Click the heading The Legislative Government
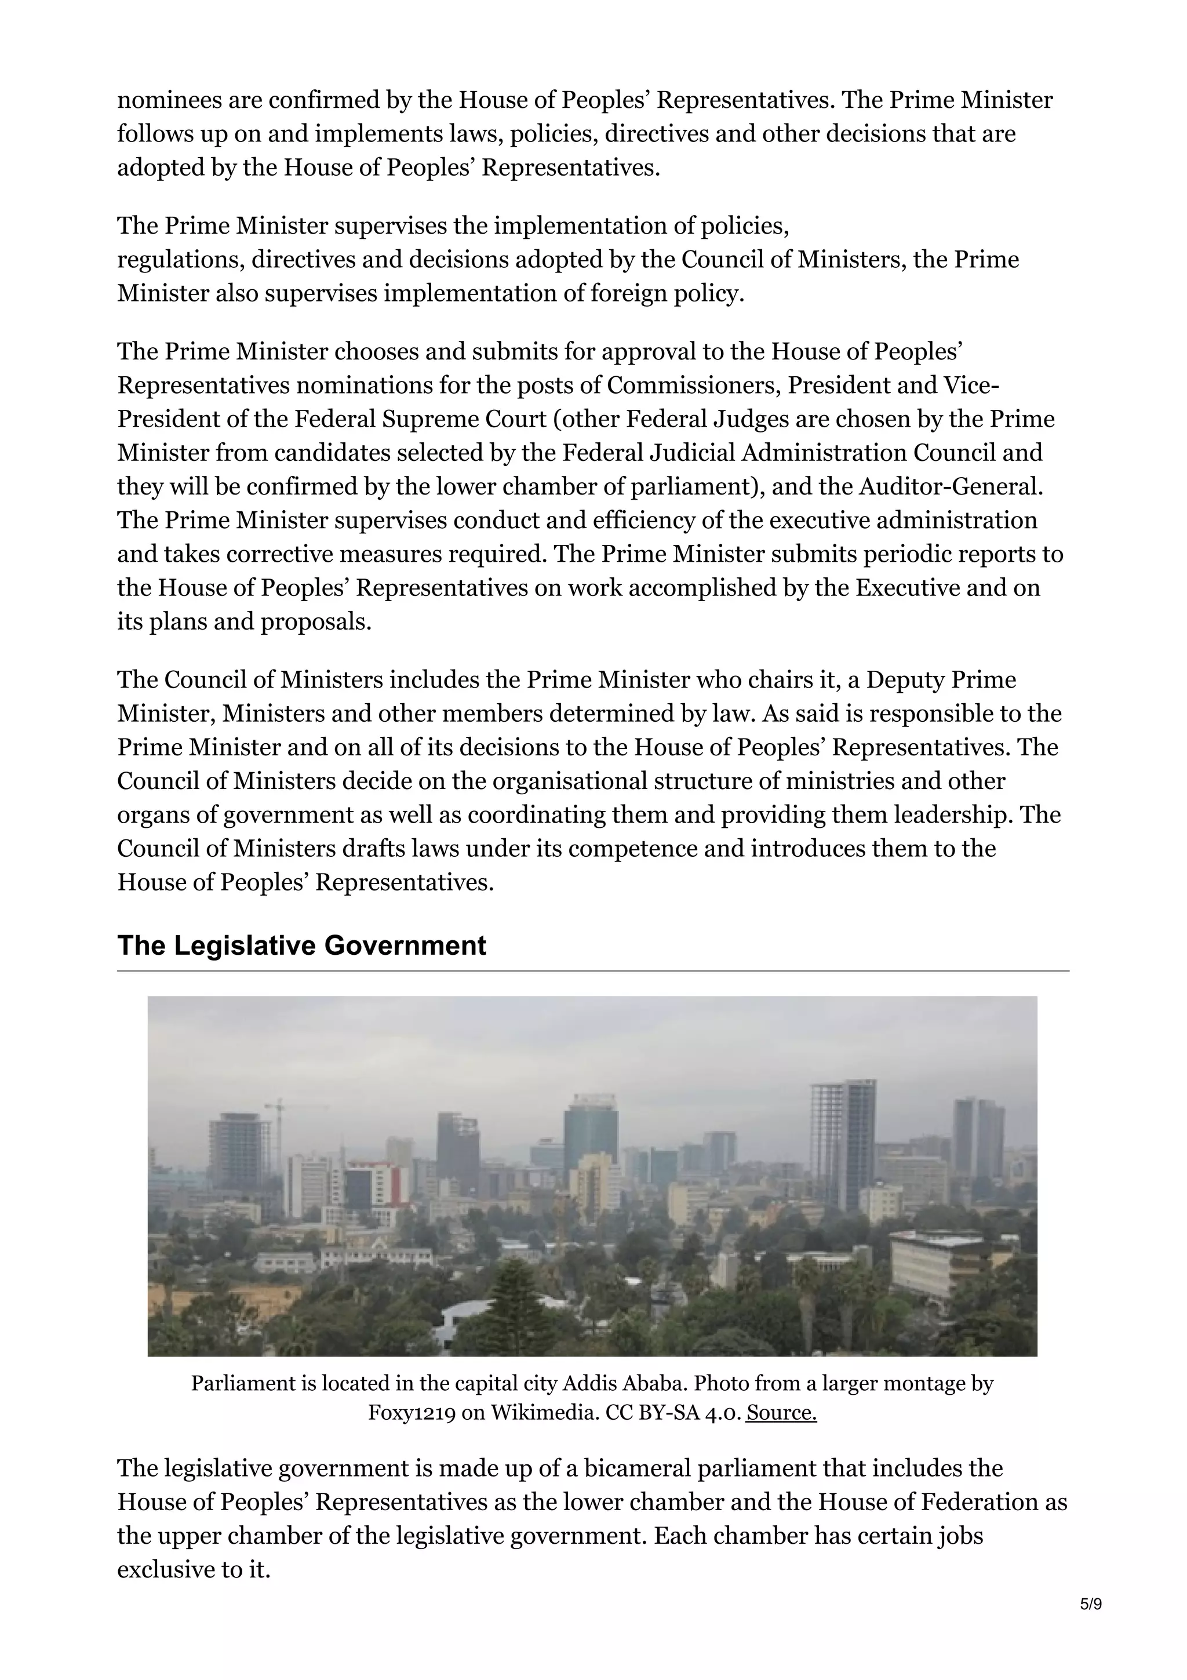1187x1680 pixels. pyautogui.click(x=301, y=946)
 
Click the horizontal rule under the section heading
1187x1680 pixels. pyautogui.click(x=592, y=971)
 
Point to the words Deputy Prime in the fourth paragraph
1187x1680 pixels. pyautogui.click(x=941, y=680)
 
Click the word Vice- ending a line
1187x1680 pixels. pyautogui.click(x=971, y=385)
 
